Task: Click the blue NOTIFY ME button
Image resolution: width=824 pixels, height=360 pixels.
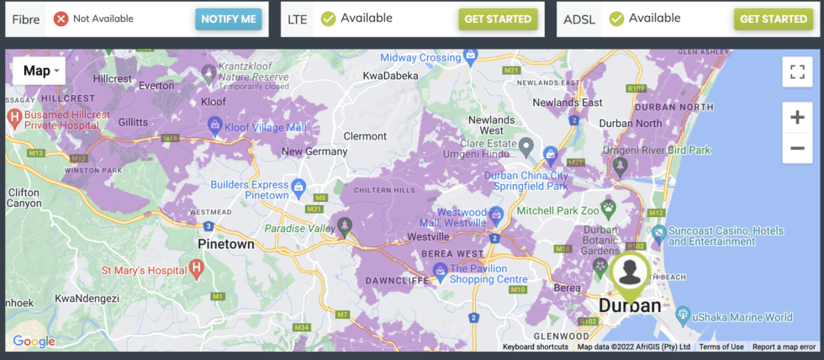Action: [x=229, y=19]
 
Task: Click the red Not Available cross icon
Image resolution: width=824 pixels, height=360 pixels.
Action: [x=61, y=19]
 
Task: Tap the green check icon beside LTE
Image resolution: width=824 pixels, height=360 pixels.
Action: [x=328, y=19]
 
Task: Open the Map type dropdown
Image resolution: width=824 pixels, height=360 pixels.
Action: [x=39, y=71]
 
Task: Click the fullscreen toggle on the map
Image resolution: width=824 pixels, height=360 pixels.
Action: [x=795, y=71]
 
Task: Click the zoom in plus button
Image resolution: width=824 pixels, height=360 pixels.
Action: [x=795, y=118]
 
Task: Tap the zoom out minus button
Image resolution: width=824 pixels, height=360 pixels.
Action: [x=795, y=149]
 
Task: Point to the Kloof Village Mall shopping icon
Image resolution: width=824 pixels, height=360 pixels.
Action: [x=215, y=126]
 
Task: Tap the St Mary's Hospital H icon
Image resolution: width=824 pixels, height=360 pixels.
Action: [x=196, y=269]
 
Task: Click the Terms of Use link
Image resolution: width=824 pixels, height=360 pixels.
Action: [x=721, y=347]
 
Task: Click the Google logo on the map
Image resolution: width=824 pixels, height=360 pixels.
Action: [x=34, y=341]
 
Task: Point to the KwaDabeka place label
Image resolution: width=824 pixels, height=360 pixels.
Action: [x=391, y=76]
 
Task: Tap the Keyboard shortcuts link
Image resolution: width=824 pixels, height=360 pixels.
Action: [x=536, y=347]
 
